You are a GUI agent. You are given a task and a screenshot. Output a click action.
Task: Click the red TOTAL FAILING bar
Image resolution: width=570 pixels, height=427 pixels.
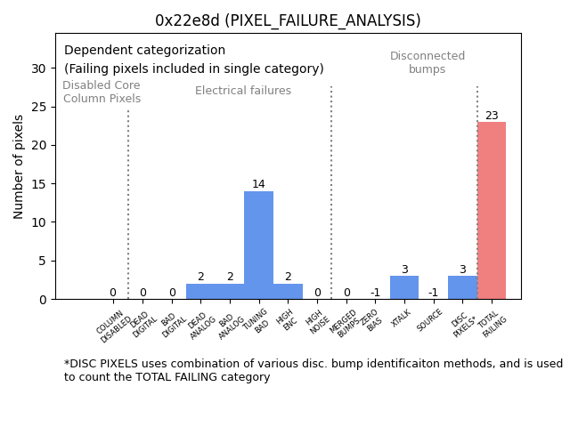(492, 211)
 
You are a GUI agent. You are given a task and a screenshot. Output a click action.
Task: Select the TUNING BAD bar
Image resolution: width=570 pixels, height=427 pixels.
(258, 245)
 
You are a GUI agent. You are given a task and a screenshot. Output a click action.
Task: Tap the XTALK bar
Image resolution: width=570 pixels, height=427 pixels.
(404, 287)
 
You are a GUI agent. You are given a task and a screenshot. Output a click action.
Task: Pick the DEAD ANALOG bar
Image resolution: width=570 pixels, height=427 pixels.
(200, 292)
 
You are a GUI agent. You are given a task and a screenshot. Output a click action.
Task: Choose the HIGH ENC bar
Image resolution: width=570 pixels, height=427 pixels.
(288, 292)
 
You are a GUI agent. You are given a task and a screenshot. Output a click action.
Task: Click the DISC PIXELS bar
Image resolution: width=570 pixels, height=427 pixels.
(462, 287)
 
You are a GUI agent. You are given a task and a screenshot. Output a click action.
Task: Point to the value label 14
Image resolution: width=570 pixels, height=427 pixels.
(258, 184)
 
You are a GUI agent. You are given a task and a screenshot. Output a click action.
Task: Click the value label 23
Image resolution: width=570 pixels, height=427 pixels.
(492, 116)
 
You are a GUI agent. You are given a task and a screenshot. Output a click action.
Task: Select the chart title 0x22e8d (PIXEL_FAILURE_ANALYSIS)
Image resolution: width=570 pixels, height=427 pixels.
(288, 20)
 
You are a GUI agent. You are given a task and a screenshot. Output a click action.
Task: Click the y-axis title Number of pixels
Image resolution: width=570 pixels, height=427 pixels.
(20, 166)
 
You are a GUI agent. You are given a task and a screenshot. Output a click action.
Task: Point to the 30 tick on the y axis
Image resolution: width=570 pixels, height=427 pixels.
(38, 68)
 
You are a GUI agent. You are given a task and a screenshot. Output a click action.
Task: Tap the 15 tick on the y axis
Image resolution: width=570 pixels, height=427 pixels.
(38, 184)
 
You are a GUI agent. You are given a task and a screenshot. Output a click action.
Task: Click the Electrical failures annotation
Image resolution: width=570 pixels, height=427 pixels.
(243, 91)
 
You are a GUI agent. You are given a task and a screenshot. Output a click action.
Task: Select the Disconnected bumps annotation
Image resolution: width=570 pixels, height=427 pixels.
(427, 63)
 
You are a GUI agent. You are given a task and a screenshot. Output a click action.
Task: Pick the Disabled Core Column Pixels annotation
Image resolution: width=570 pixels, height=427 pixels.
(102, 93)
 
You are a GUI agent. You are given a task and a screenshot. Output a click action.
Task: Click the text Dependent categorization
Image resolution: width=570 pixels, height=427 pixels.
(144, 51)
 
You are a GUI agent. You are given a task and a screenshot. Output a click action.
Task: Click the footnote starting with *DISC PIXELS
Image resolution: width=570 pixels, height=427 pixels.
(313, 370)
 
